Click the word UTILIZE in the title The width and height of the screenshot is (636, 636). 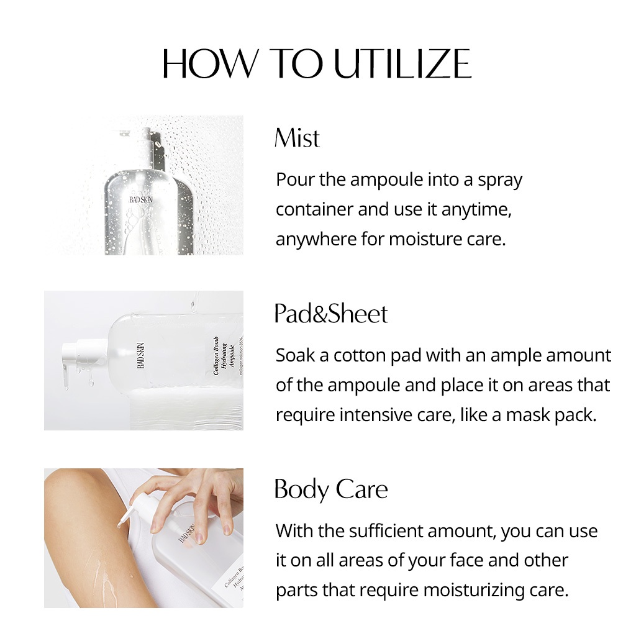coord(402,63)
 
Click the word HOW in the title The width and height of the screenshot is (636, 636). coord(210,63)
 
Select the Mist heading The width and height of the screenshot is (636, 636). coord(297,138)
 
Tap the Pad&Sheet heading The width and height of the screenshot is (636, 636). coord(331,314)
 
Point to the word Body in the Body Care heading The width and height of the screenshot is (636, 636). coord(301,490)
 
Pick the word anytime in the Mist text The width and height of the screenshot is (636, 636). coord(476,210)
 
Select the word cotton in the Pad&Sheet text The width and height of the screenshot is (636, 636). coord(359,356)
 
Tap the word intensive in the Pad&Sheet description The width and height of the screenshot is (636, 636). coord(373,416)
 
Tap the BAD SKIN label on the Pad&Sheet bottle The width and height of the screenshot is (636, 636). coord(140,356)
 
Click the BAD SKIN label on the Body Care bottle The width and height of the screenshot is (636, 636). coord(187,533)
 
